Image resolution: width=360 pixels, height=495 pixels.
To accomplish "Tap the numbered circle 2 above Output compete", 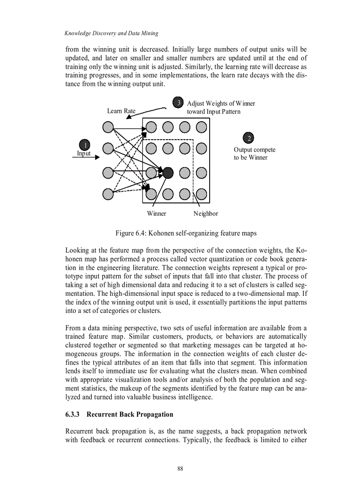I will click(248, 138).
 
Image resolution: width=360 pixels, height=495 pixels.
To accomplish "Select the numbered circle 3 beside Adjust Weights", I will click(178, 103).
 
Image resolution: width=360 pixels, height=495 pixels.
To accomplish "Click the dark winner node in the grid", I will click(168, 172).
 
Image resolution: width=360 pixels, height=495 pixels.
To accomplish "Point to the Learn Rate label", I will click(121, 111).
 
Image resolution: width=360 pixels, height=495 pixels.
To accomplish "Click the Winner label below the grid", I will click(157, 214).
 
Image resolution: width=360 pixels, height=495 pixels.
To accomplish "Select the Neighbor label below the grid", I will click(206, 214).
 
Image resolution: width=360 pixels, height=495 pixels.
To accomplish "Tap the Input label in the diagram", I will click(84, 153).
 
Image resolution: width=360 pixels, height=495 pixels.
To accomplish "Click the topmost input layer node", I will click(108, 127).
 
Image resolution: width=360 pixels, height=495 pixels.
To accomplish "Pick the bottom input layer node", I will click(108, 193).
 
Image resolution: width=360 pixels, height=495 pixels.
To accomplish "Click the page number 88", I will click(180, 469).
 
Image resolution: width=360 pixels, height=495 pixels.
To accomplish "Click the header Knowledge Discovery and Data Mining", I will click(111, 33).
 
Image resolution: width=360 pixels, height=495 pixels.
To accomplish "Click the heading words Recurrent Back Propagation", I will click(130, 415).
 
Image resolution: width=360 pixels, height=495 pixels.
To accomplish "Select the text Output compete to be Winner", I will click(255, 154).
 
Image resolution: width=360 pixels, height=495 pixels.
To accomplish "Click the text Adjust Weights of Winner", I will click(221, 104).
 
